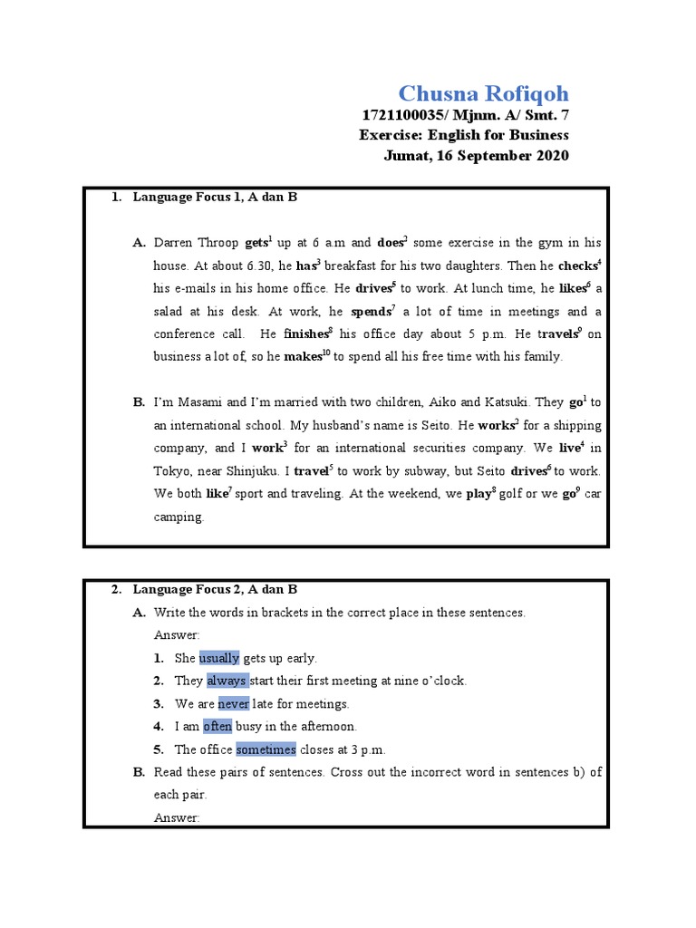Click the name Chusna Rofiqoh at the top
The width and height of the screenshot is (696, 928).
[x=484, y=94]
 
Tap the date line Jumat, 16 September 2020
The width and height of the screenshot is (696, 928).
[x=477, y=155]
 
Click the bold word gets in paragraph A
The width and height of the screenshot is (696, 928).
[x=256, y=244]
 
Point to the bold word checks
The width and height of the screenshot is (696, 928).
[x=576, y=266]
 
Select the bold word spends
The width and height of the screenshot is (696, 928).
[x=370, y=312]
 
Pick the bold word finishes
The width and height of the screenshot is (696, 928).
[x=306, y=334]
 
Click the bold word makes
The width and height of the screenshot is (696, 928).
[x=303, y=357]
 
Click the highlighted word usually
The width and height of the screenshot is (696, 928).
[x=219, y=658]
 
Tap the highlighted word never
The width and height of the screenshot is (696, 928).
[x=233, y=703]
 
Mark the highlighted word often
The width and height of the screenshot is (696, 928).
[x=217, y=726]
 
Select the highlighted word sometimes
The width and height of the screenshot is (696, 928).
[x=266, y=749]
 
